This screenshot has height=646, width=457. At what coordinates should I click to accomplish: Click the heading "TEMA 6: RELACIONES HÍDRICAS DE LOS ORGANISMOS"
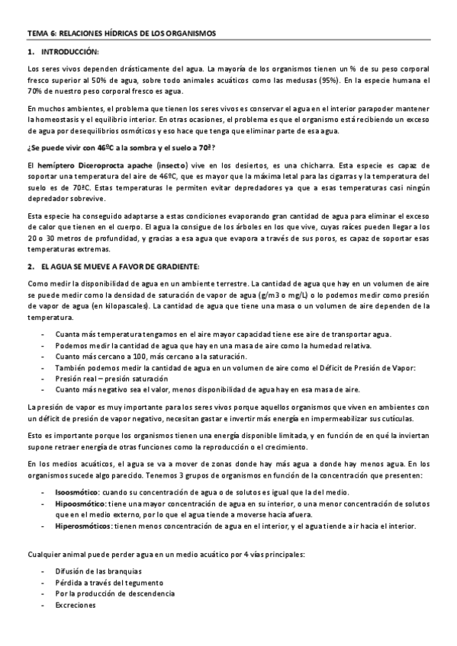point(122,34)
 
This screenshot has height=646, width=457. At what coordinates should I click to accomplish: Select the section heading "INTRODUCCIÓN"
point(70,51)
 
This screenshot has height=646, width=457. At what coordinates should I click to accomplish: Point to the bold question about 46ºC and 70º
point(121,147)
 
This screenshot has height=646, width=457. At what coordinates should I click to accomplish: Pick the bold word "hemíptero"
point(57,164)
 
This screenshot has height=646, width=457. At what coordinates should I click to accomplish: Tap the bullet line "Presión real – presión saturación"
point(111,378)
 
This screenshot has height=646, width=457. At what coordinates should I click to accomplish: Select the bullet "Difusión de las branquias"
point(98,571)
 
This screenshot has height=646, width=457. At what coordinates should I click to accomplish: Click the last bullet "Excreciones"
point(76,604)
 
